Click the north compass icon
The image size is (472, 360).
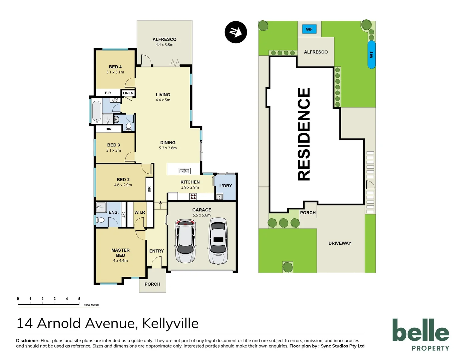click(236, 32)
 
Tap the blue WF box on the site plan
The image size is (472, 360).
click(309, 29)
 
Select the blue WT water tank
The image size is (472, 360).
click(371, 55)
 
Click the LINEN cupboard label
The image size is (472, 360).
click(128, 93)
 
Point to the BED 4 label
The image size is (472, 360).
click(115, 67)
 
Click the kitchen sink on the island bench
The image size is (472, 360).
click(184, 171)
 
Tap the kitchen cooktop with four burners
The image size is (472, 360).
click(193, 197)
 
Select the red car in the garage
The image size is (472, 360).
click(185, 241)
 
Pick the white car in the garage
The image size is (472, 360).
click(218, 241)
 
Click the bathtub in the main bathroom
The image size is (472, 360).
click(97, 111)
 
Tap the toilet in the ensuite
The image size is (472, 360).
click(100, 220)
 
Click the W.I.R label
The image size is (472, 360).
click(139, 212)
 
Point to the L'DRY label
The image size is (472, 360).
click(225, 186)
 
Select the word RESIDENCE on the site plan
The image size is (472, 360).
click(304, 134)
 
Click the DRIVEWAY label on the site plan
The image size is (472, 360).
click(340, 243)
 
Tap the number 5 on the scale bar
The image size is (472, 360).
click(79, 299)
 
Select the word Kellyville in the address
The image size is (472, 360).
click(170, 323)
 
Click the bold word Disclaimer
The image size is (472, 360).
click(28, 341)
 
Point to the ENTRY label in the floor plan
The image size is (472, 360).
click(156, 251)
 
